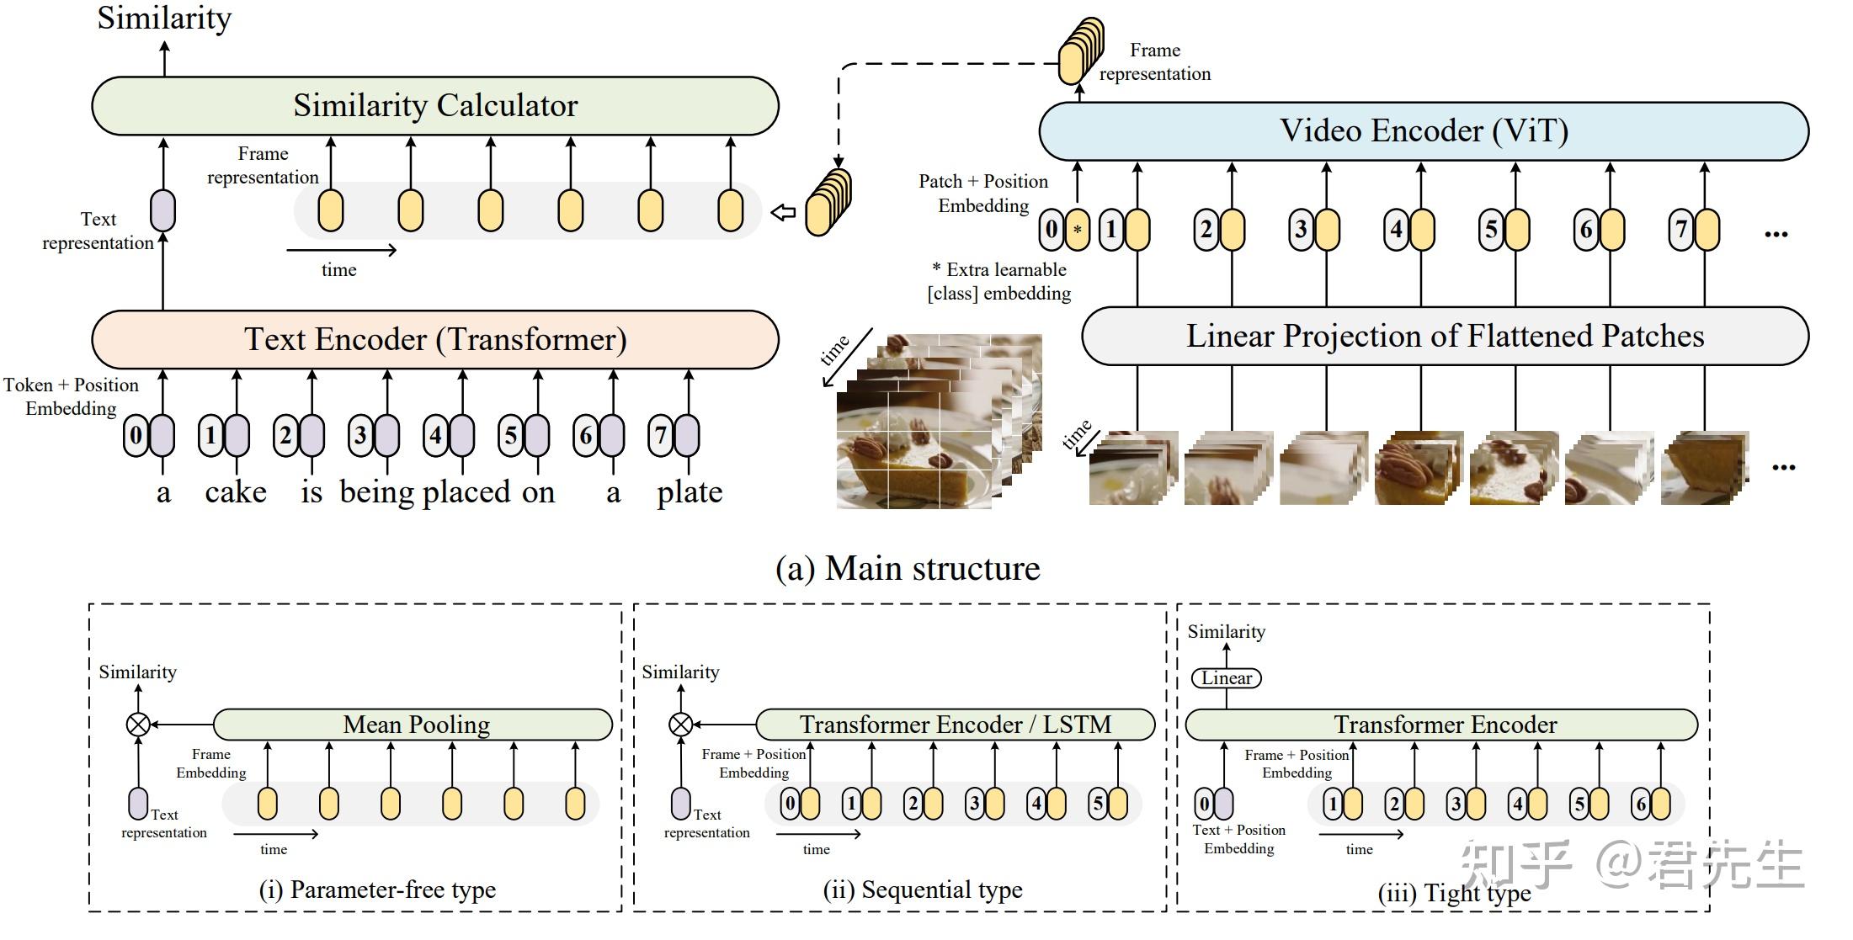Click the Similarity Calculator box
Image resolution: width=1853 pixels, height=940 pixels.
tap(434, 106)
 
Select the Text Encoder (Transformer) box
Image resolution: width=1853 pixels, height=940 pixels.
tap(434, 339)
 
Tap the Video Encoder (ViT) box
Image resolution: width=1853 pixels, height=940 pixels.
tap(1423, 131)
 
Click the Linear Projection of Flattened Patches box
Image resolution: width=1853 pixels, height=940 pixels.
tap(1445, 336)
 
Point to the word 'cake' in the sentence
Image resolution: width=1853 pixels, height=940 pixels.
tap(236, 492)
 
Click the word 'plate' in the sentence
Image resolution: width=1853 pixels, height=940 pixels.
tap(690, 492)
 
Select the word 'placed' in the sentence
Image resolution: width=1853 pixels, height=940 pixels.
tap(466, 492)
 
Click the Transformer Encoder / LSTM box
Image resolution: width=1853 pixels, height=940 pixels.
tap(955, 725)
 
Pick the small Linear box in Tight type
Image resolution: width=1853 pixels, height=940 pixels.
tap(1227, 678)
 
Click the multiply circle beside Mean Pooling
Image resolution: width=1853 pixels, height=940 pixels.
tap(138, 725)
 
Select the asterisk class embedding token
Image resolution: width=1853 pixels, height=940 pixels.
tap(1077, 230)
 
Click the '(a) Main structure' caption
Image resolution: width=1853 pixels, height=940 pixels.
tap(908, 569)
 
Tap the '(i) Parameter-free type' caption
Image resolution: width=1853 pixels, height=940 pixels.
tap(377, 890)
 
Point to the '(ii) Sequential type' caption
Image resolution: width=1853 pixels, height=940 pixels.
tap(923, 890)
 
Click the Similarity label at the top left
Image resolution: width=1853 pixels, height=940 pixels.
tap(164, 19)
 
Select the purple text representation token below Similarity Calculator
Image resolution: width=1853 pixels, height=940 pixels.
tap(162, 210)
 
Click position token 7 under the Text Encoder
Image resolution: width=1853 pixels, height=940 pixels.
tap(661, 436)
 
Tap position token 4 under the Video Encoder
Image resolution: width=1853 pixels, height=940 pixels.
tap(1397, 230)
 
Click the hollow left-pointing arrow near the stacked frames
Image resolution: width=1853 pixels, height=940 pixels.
tap(784, 213)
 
